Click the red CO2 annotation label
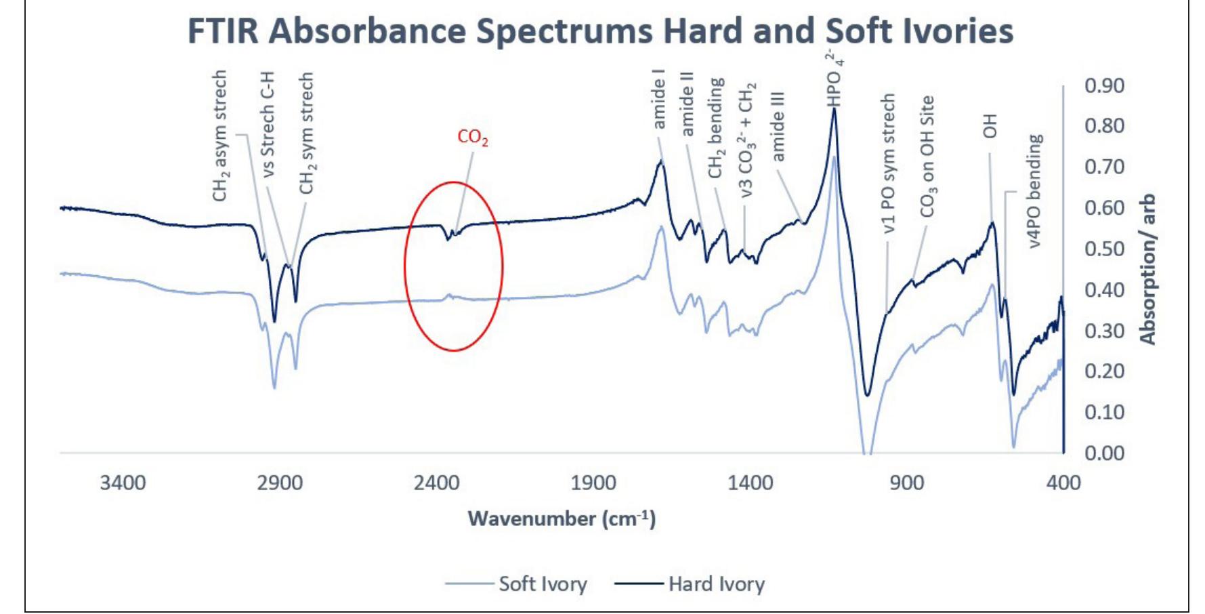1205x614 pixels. point(472,138)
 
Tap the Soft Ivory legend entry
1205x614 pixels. point(542,584)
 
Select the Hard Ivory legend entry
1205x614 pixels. point(716,584)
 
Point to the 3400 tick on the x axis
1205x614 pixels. point(123,483)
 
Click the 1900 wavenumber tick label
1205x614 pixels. point(593,483)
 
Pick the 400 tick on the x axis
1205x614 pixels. point(1063,483)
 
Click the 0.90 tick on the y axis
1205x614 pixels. point(1104,86)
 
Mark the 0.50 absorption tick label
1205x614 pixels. point(1104,249)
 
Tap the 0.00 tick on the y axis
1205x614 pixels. point(1104,453)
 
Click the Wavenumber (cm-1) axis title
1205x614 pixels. point(562,519)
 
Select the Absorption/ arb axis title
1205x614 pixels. point(1147,270)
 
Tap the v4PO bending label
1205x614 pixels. point(1035,191)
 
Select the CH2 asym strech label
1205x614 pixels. point(220,136)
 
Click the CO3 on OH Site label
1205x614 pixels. point(927,156)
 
